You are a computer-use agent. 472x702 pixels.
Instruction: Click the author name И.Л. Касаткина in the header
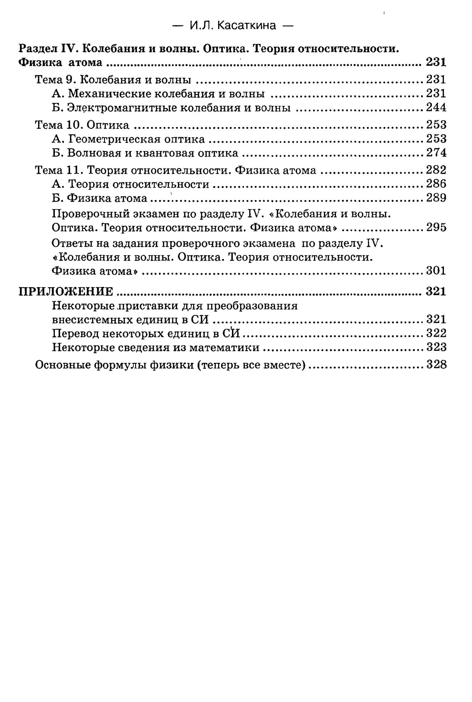pyautogui.click(x=233, y=25)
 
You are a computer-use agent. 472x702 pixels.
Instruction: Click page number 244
pyautogui.click(x=436, y=108)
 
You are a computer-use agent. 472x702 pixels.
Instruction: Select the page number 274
pyautogui.click(x=436, y=152)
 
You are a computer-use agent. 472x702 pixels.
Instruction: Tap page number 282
pyautogui.click(x=436, y=169)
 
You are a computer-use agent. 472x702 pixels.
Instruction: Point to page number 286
pyautogui.click(x=436, y=184)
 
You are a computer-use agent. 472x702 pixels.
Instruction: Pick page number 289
pyautogui.click(x=436, y=198)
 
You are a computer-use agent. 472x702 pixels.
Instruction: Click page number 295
pyautogui.click(x=436, y=227)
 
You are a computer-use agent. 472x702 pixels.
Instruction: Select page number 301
pyautogui.click(x=436, y=270)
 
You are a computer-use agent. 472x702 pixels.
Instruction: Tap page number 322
pyautogui.click(x=436, y=333)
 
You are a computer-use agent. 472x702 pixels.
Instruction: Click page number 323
pyautogui.click(x=436, y=347)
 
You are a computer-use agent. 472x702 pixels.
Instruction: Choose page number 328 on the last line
pyautogui.click(x=436, y=365)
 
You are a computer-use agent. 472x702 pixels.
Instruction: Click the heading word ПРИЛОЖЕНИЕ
pyautogui.click(x=66, y=292)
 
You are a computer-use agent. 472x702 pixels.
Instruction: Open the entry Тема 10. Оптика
pyautogui.click(x=82, y=125)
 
